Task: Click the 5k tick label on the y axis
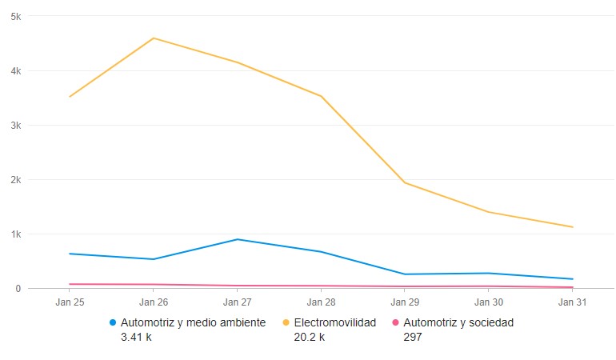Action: (16, 16)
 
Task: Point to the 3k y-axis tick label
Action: (16, 125)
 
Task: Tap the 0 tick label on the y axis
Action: (18, 288)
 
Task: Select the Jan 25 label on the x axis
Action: (70, 302)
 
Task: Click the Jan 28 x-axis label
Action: (321, 302)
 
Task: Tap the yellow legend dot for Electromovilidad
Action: (286, 323)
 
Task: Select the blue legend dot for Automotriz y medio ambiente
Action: (113, 323)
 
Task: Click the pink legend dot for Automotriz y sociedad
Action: (396, 323)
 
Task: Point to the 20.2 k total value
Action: (310, 337)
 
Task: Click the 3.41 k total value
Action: (136, 337)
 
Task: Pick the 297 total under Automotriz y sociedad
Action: (413, 337)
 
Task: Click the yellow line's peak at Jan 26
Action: (154, 38)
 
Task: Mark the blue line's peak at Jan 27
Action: (238, 239)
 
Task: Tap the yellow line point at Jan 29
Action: (405, 182)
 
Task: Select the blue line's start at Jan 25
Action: (70, 254)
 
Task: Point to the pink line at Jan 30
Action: (489, 286)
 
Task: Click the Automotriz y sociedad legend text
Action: (458, 323)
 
